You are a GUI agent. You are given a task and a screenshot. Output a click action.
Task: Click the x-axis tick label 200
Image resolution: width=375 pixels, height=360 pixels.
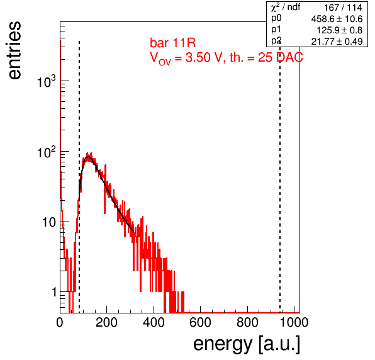point(106,322)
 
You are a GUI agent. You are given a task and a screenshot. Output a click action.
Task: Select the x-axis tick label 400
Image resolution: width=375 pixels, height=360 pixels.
point(154,322)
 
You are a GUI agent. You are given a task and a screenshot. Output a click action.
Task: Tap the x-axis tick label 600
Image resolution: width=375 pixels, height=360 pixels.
point(200,322)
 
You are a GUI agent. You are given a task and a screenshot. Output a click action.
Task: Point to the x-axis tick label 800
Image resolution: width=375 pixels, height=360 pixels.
point(247,322)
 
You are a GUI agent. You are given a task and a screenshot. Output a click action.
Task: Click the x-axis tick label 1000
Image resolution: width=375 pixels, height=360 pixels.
point(294,322)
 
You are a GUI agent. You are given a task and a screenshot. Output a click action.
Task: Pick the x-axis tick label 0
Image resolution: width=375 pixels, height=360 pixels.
point(60,322)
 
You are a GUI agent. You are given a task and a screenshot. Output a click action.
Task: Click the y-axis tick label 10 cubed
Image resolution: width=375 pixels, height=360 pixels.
point(47,81)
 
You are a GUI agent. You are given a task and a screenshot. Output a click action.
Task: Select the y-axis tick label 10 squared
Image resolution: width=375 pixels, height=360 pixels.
point(47,152)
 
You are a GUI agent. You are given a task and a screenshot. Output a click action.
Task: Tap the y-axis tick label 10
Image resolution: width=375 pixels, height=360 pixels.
point(50,222)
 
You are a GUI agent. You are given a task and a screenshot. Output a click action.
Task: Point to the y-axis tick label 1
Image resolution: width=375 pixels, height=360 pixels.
point(55,292)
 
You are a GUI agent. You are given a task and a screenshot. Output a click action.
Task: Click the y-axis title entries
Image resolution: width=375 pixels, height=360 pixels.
point(15,50)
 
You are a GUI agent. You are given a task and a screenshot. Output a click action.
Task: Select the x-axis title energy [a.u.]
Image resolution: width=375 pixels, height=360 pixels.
point(247,345)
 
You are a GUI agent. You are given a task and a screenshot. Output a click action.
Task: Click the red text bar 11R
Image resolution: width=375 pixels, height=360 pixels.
point(172,43)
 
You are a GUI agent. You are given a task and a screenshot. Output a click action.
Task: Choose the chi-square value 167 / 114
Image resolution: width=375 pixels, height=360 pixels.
point(343,8)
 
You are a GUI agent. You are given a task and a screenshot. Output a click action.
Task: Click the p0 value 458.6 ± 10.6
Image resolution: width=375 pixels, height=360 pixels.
point(337,19)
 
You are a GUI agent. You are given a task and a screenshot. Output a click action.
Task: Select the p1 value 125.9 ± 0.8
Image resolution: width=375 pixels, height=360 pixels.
point(340,30)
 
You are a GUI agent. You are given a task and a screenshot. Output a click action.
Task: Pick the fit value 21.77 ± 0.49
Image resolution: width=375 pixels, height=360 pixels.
point(337,42)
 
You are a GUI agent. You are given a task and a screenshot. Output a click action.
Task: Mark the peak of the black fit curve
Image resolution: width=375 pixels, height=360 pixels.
point(88,157)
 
